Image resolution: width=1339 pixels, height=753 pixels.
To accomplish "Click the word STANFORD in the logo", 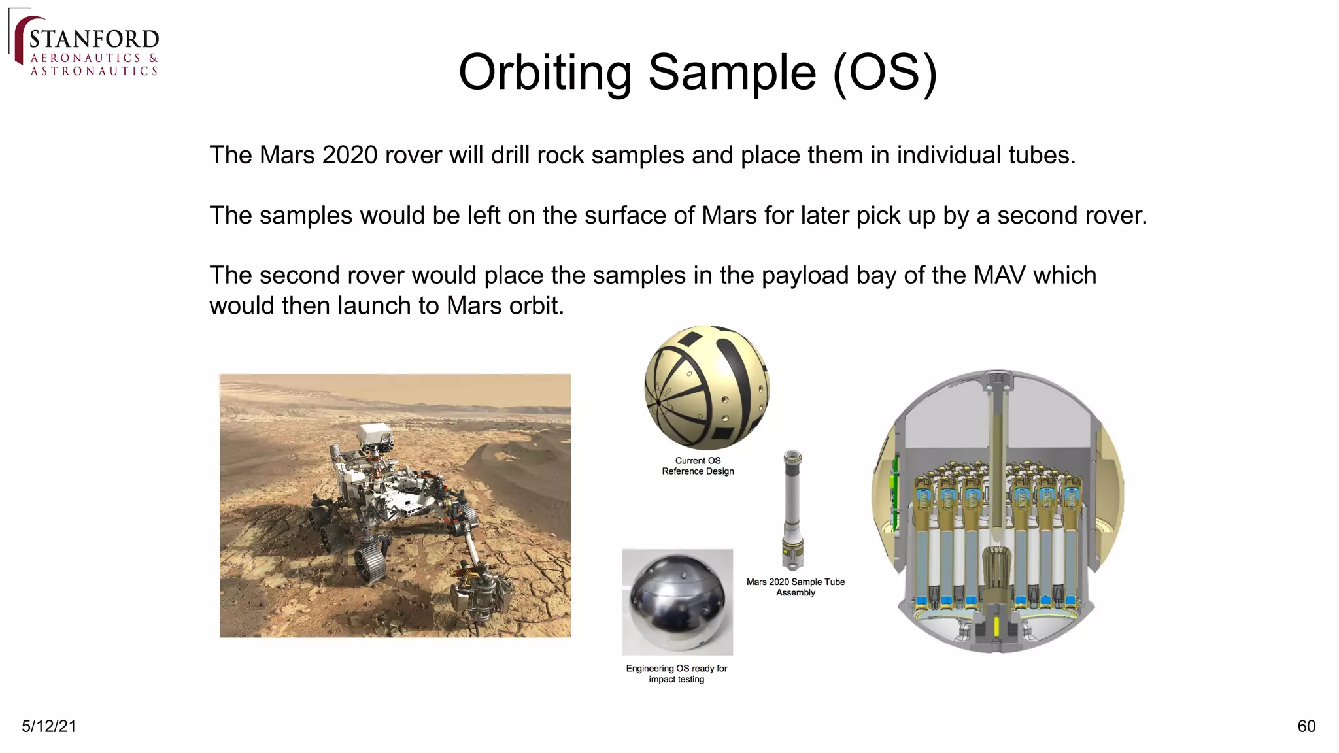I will (94, 39).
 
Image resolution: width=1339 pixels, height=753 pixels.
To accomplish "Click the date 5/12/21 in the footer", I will (49, 726).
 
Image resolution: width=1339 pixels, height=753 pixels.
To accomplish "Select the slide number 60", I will (1306, 726).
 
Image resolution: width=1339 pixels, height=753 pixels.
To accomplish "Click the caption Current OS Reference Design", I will (698, 466).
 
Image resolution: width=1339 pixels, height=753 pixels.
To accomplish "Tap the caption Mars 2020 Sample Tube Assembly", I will (795, 587).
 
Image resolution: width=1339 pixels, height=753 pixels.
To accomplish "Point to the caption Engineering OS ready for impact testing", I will (676, 674).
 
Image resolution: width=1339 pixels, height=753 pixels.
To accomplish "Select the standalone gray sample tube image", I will (792, 510).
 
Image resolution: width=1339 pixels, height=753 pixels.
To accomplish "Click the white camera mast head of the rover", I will (375, 436).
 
